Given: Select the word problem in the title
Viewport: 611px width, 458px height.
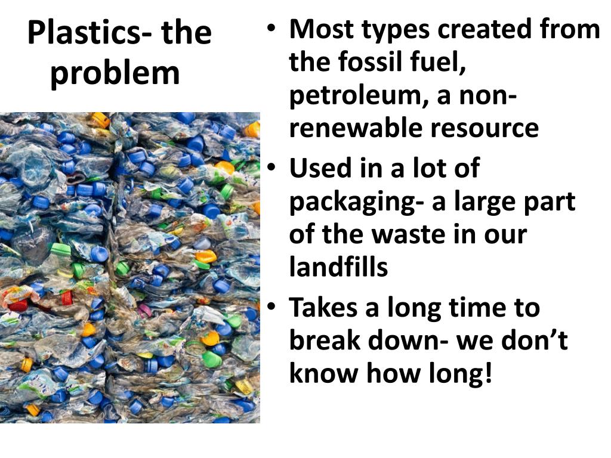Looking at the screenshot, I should (x=115, y=73).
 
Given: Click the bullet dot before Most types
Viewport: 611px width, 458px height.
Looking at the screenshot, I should (x=271, y=28).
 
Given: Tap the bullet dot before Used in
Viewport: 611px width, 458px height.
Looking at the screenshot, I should (x=271, y=168).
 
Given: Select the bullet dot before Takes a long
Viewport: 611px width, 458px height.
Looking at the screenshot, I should (x=271, y=308).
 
